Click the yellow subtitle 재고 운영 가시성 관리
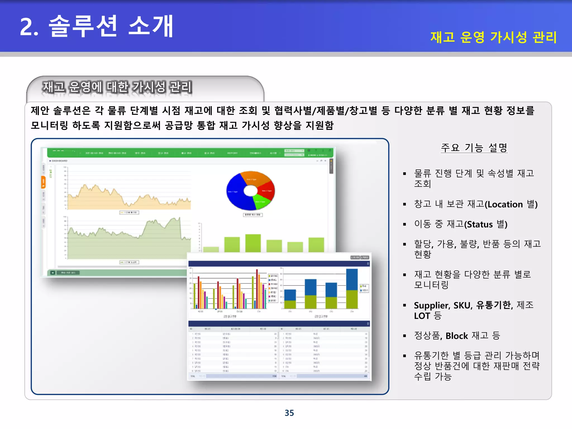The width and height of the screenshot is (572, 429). point(493,37)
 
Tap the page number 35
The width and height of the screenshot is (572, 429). point(289,413)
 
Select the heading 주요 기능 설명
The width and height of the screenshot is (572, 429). point(474,147)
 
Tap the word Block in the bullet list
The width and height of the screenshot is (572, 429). point(456,336)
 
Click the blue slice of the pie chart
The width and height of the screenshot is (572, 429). point(236,193)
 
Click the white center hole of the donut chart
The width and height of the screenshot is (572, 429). point(251,191)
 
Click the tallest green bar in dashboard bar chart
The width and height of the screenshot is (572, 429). point(253,243)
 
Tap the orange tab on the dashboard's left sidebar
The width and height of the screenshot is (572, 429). point(43,182)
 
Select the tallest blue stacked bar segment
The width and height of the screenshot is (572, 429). point(352,279)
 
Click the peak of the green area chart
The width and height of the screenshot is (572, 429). point(179,218)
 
